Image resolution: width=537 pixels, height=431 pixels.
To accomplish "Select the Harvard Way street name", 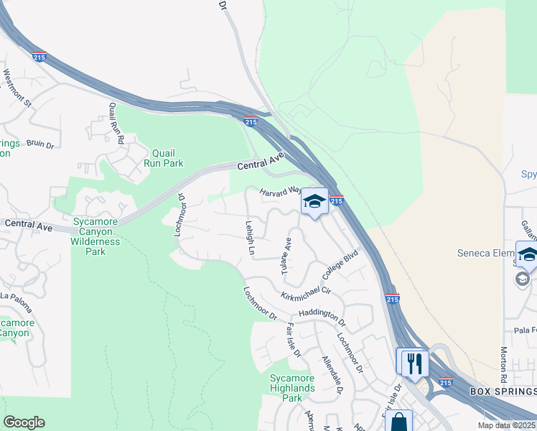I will (279, 192).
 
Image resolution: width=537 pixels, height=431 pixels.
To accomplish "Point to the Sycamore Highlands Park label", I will (292, 388).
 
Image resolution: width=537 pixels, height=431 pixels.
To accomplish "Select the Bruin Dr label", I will (40, 144).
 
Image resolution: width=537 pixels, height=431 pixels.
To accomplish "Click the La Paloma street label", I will (16, 302).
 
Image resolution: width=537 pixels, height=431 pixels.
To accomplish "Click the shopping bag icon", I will (398, 421).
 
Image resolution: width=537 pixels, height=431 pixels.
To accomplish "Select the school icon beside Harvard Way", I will (314, 202).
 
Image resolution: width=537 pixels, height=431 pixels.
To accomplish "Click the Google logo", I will (24, 422).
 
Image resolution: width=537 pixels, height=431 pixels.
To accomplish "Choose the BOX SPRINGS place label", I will (503, 391).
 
